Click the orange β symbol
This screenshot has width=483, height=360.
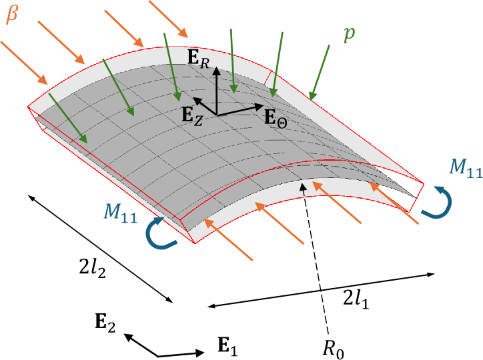click(12, 15)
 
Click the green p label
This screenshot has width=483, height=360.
click(349, 35)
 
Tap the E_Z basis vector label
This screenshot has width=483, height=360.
click(193, 114)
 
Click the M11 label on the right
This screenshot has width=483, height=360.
click(465, 169)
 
